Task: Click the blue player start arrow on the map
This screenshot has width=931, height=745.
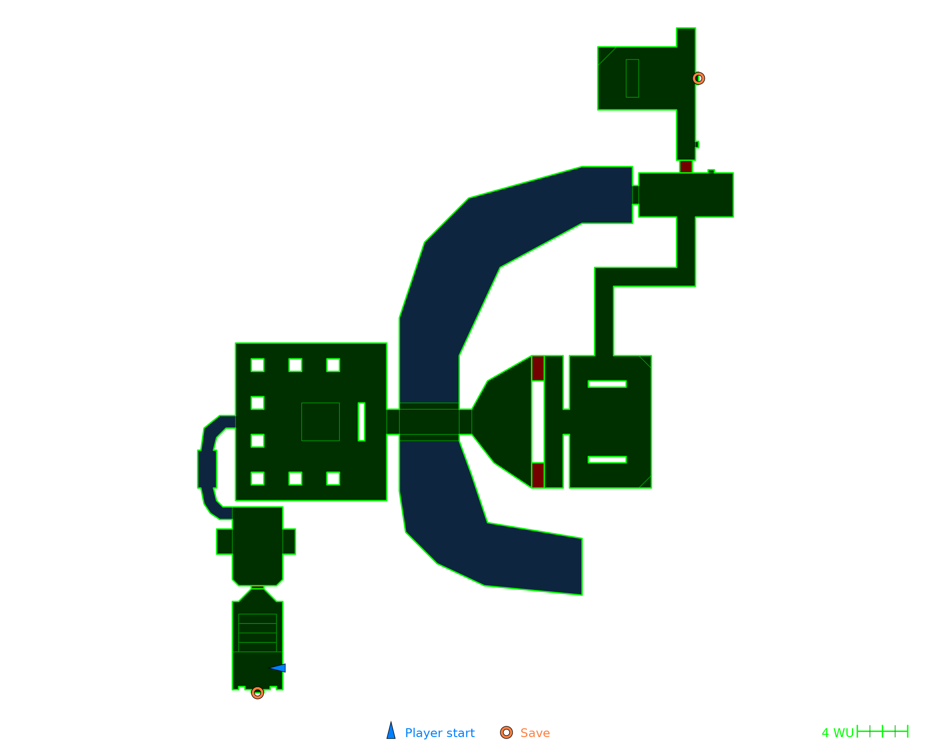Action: coord(278,668)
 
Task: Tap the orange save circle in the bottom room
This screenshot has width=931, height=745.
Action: coord(257,693)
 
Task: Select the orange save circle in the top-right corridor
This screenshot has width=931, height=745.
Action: coord(698,78)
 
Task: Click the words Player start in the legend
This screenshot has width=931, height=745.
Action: coord(439,733)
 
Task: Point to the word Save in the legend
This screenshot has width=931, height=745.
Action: coord(535,733)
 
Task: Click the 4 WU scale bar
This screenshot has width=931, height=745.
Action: coord(882,731)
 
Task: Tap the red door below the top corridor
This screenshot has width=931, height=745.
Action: coord(686,167)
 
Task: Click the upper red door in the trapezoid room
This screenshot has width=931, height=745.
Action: coord(538,368)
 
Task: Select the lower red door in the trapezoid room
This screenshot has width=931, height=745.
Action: coord(538,475)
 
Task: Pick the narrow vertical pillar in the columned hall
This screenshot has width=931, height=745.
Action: coord(361,422)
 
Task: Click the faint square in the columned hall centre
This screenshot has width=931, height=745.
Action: coord(320,422)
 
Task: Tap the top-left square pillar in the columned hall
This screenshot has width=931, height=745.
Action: coord(257,365)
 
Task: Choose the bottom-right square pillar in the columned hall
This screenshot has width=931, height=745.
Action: coord(333,479)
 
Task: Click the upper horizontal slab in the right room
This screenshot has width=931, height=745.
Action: coord(607,384)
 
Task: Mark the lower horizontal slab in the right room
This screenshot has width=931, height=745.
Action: coord(607,460)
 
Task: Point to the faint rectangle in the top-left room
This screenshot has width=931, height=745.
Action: coord(632,78)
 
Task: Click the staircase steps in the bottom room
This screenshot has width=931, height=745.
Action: coord(257,633)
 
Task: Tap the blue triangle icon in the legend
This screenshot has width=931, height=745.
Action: coord(391,731)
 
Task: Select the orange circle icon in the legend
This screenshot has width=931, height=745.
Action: coord(506,732)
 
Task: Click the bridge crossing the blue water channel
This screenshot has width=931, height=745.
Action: coord(429,422)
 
